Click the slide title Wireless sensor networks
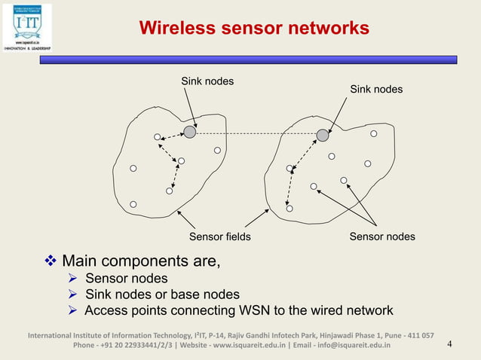[254, 29]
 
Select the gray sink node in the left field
[190, 133]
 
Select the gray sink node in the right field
[323, 135]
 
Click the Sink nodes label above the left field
[207, 81]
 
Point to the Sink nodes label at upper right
[376, 90]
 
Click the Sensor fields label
[219, 236]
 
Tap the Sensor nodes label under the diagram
[382, 236]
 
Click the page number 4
[449, 345]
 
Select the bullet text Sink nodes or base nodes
[162, 294]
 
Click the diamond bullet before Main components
[51, 261]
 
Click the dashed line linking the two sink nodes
[256, 134]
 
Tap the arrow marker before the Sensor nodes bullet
[73, 279]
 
